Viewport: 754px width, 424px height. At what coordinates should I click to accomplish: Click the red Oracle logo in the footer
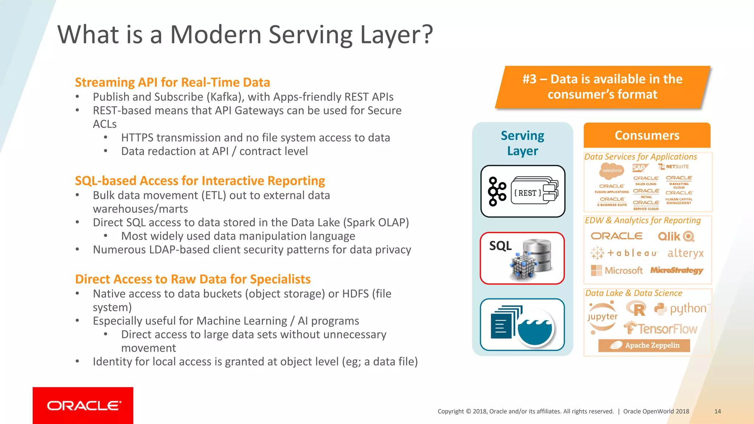pyautogui.click(x=83, y=405)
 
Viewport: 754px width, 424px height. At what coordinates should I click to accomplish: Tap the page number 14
pyautogui.click(x=717, y=411)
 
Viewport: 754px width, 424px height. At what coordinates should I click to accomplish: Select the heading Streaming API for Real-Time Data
pyautogui.click(x=172, y=82)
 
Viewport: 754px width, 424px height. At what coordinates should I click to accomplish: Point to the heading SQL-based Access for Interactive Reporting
pyautogui.click(x=200, y=181)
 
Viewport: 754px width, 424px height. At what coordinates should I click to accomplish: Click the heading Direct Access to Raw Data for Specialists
pyautogui.click(x=193, y=279)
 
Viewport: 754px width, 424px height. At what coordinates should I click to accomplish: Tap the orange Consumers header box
pyautogui.click(x=647, y=135)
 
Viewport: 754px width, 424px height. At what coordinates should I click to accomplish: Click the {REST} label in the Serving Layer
pyautogui.click(x=528, y=193)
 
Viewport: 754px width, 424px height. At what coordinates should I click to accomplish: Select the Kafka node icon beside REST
pyautogui.click(x=497, y=191)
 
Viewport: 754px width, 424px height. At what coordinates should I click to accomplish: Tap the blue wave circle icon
pyautogui.click(x=535, y=328)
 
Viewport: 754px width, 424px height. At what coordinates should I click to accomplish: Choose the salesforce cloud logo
pyautogui.click(x=612, y=170)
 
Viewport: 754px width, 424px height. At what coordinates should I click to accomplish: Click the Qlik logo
pyautogui.click(x=676, y=236)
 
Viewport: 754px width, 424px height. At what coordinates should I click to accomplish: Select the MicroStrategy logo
pyautogui.click(x=677, y=271)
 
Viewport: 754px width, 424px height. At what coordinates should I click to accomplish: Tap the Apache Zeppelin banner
pyautogui.click(x=644, y=345)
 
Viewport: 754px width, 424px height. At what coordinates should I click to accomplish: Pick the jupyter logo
pyautogui.click(x=603, y=317)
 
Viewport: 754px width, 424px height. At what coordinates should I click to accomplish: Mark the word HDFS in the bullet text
pyautogui.click(x=355, y=294)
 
